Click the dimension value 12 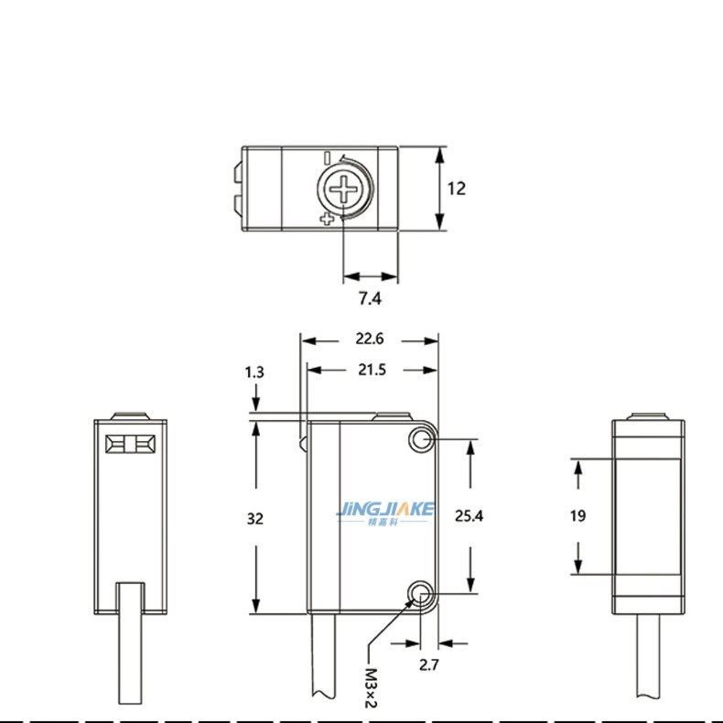457,189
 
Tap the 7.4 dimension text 370,298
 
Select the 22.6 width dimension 370,339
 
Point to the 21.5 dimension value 372,370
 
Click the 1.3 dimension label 254,372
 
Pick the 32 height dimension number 255,519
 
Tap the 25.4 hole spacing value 469,515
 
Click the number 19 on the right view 577,515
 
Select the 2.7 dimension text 429,664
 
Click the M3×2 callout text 371,687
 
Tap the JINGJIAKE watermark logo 385,513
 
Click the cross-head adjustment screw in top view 344,189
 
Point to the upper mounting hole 421,439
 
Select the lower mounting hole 421,593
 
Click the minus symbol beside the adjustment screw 327,157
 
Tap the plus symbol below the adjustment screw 327,220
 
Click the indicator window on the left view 131,445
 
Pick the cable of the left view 131,643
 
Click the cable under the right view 649,655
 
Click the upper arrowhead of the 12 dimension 440,156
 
